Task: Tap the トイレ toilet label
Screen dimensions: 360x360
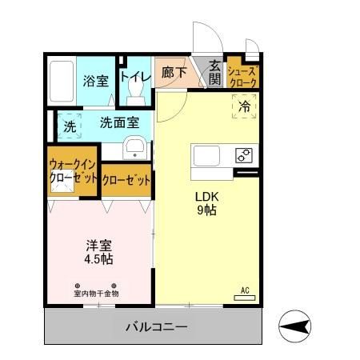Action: click(134, 76)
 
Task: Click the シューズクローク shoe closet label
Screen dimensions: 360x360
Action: click(243, 76)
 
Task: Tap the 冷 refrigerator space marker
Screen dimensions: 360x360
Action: click(245, 104)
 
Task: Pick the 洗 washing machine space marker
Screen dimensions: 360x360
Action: click(70, 126)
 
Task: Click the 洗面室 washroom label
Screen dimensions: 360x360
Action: click(119, 122)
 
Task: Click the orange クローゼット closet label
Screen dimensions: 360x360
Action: click(126, 180)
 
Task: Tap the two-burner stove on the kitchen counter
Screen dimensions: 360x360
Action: click(243, 156)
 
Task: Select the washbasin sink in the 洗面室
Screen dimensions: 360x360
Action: click(134, 148)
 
